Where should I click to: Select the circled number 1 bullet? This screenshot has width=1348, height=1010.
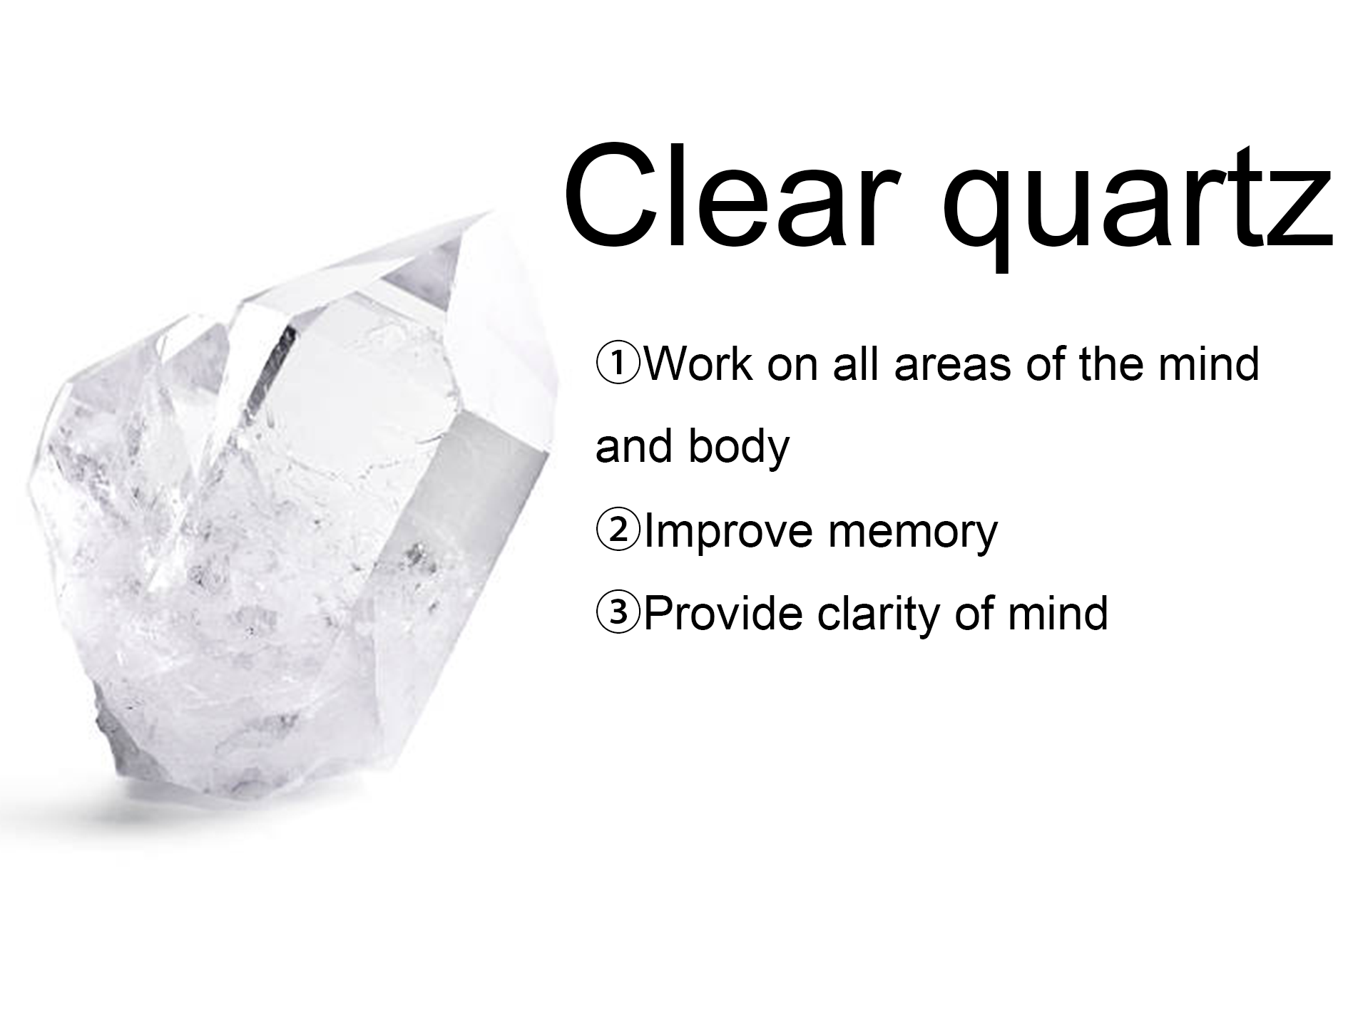(619, 364)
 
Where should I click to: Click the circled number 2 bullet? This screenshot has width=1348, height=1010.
(619, 531)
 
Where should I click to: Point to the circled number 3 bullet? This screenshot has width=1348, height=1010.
(619, 613)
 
